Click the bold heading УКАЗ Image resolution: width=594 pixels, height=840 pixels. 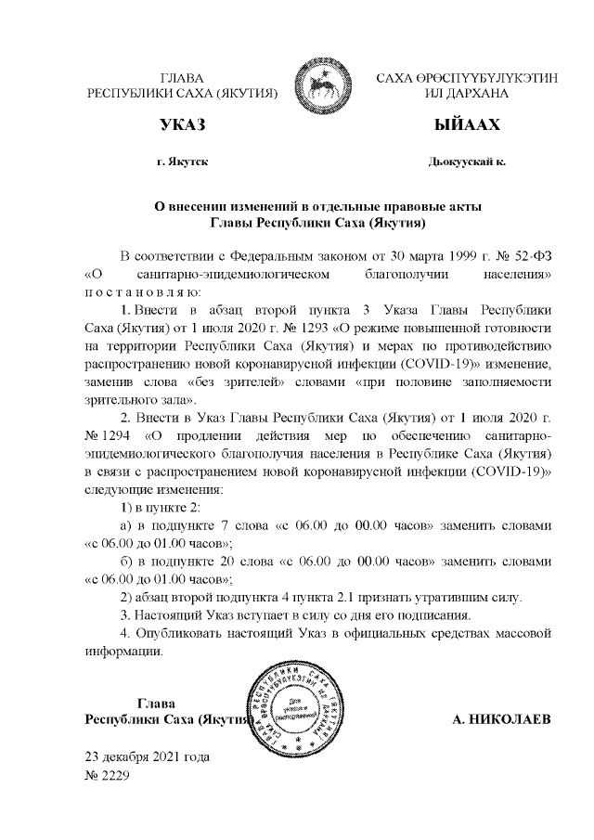pyautogui.click(x=182, y=124)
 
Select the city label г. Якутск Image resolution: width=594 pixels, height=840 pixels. pyautogui.click(x=182, y=162)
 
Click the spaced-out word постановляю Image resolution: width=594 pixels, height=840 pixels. pyautogui.click(x=136, y=291)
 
